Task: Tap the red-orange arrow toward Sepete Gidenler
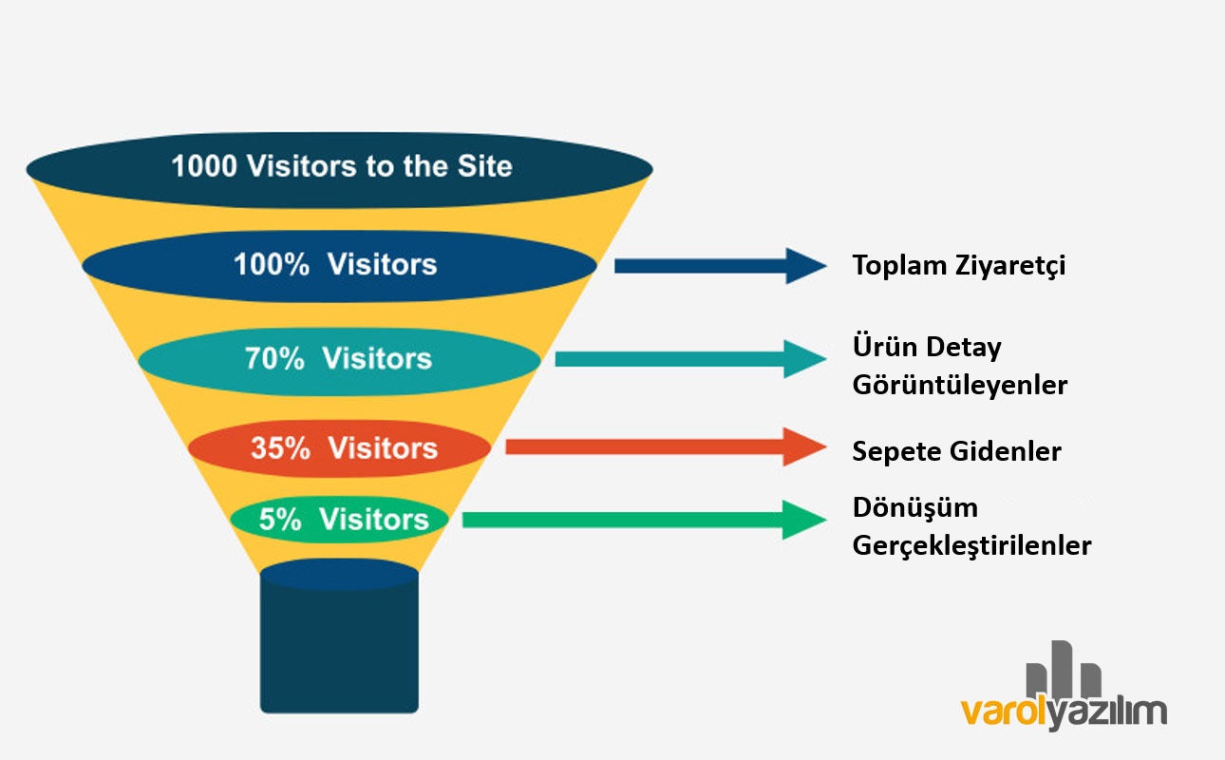pyautogui.click(x=665, y=446)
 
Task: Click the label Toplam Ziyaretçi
pyautogui.click(x=959, y=266)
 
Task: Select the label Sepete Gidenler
pyautogui.click(x=956, y=451)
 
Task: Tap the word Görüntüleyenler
pyautogui.click(x=960, y=386)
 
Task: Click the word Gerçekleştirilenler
pyautogui.click(x=971, y=547)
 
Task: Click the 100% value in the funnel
pyautogui.click(x=272, y=264)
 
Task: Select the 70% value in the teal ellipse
pyautogui.click(x=274, y=359)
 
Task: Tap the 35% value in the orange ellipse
pyautogui.click(x=280, y=448)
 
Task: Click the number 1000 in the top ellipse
pyautogui.click(x=205, y=167)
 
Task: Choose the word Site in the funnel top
pyautogui.click(x=483, y=167)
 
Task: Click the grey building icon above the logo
pyautogui.click(x=1064, y=670)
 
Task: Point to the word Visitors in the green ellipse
pyautogui.click(x=374, y=520)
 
